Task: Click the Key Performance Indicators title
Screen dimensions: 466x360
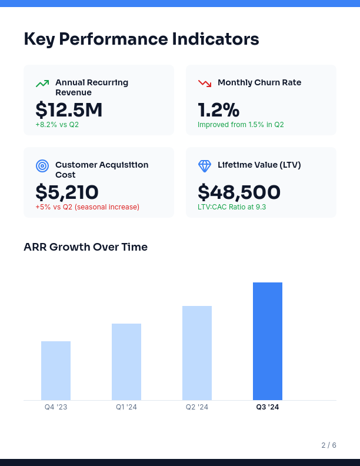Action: tap(141, 39)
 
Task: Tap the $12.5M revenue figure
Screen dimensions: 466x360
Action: tap(69, 110)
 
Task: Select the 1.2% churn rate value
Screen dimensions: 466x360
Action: tap(218, 110)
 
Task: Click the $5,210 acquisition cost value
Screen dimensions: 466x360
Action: tap(67, 192)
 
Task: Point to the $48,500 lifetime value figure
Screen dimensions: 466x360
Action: tap(239, 192)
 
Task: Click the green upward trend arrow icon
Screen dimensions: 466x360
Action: tap(42, 84)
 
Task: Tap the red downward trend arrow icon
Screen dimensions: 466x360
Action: tap(205, 84)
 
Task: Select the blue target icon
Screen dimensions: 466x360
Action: tap(42, 166)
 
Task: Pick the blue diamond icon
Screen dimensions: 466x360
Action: tap(205, 166)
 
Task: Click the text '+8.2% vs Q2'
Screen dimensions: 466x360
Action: tap(57, 125)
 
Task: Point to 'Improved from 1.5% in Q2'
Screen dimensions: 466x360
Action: tap(241, 125)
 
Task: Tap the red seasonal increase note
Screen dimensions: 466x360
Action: tap(87, 207)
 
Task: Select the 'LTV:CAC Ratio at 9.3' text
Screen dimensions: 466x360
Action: tap(232, 207)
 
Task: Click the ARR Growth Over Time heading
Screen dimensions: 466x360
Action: tap(85, 247)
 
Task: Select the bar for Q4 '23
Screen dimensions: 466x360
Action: tap(56, 371)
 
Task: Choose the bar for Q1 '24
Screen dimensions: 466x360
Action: tap(126, 362)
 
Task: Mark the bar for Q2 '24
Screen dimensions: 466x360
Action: tap(197, 353)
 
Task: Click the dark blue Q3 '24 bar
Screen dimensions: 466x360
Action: tap(268, 341)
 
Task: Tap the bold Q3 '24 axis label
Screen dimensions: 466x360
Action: tap(268, 407)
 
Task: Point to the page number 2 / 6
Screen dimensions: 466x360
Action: tap(329, 445)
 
